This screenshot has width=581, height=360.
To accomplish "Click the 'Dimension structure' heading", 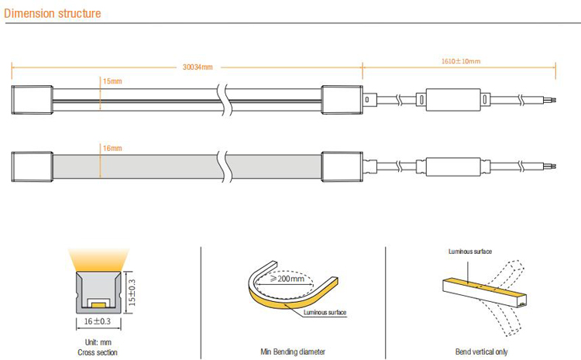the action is [x=52, y=13].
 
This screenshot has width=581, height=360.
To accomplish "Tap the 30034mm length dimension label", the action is [x=198, y=67].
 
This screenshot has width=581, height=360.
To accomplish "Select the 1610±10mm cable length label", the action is [x=461, y=61].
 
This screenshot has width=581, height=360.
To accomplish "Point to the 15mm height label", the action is [x=112, y=81].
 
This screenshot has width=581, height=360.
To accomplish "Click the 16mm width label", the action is [x=112, y=148].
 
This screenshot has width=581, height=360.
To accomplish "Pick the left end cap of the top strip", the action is [x=32, y=100].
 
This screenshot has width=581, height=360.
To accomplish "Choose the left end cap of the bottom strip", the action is [x=32, y=166].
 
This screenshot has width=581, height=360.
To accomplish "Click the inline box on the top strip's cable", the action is [x=453, y=100].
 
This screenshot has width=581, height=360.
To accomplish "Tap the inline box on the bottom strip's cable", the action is [x=453, y=166].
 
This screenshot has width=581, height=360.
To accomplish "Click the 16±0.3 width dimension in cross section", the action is [x=98, y=321].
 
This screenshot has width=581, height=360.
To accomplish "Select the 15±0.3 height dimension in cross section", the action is [x=132, y=293].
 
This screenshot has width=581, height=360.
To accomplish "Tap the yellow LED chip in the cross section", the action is [x=98, y=305].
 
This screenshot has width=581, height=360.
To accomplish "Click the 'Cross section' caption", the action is [x=98, y=352].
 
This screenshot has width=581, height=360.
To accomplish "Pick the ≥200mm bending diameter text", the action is [x=287, y=278].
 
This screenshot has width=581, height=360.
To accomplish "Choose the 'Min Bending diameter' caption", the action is [x=293, y=351].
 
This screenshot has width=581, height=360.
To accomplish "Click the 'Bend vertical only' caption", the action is [x=481, y=351].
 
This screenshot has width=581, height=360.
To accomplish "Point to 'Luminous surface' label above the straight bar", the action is [x=470, y=252].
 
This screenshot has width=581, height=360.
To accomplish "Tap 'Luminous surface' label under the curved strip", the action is [x=325, y=313].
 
